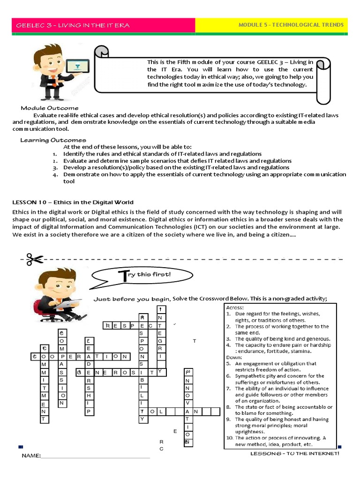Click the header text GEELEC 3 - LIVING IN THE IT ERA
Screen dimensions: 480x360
pyautogui.click(x=73, y=25)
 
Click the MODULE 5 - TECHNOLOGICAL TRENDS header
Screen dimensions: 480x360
pyautogui.click(x=291, y=25)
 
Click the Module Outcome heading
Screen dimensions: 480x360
pyautogui.click(x=50, y=108)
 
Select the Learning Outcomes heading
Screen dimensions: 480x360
pyautogui.click(x=53, y=140)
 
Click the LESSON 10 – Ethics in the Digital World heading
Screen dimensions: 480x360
pyautogui.click(x=73, y=202)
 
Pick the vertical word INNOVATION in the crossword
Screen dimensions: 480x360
pyautogui.click(x=187, y=406)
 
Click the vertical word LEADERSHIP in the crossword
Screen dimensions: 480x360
pyautogui.click(x=88, y=375)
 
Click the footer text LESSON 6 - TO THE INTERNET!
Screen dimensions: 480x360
pyautogui.click(x=294, y=453)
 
